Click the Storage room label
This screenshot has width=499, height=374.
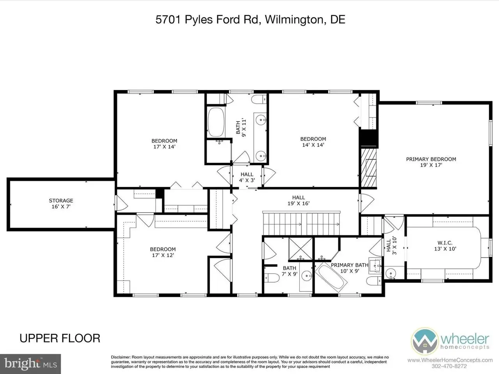(61, 203)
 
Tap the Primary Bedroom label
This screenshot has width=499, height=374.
(431, 162)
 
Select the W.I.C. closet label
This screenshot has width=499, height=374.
(445, 246)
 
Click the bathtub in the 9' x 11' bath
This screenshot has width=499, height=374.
(216, 122)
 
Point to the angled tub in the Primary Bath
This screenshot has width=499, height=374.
(331, 277)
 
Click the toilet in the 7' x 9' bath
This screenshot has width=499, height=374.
(272, 278)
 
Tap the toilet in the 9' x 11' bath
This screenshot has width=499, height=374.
(259, 99)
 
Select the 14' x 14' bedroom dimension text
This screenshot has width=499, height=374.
(313, 145)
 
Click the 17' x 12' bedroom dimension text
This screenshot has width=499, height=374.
(163, 255)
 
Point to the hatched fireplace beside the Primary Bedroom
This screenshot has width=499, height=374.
(369, 168)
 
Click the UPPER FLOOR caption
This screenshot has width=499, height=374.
(60, 338)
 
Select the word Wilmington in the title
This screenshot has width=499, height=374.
(294, 19)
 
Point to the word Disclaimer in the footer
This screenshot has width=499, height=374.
(120, 357)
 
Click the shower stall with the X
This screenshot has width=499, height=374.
(301, 249)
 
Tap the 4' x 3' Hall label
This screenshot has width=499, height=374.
(247, 177)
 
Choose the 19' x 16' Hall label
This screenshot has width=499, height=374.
(299, 201)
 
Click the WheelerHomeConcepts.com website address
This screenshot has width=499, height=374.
(450, 360)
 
